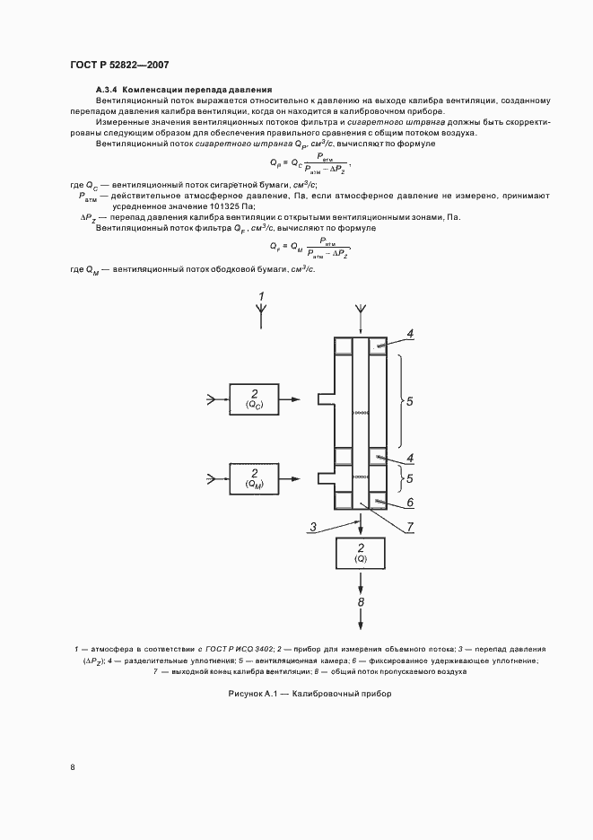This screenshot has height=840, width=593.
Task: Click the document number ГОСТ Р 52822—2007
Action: pos(119,65)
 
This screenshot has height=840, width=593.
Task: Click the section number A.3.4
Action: pos(107,91)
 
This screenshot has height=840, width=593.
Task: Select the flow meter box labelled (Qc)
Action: pos(255,399)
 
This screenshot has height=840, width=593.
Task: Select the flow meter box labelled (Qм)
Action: pos(255,478)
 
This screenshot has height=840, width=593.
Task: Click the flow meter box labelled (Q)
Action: pos(361,554)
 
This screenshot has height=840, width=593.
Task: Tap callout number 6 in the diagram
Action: pos(410,503)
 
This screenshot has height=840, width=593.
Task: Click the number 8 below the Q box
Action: pos(361,601)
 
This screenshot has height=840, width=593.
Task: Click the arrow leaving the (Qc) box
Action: pos(298,399)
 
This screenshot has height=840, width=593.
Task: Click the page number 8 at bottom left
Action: pos(72,766)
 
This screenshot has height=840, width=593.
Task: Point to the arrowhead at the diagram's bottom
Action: pos(361,626)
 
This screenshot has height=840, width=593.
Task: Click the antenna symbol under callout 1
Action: pos(261,311)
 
